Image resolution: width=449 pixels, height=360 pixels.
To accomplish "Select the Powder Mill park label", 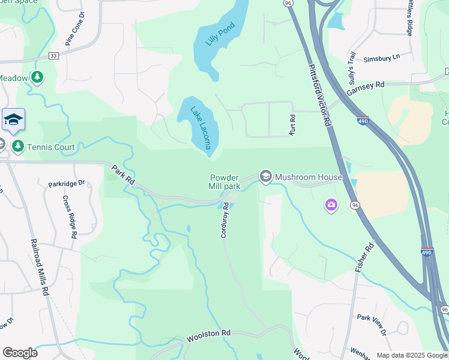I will click(225, 182).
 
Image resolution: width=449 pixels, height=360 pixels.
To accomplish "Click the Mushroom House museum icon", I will click(266, 176).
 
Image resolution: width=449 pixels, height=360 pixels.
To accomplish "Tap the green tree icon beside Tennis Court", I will click(18, 147).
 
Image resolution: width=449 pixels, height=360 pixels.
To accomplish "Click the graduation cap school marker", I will click(13, 120).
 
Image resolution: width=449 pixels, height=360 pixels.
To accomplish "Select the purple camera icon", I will click(331, 206).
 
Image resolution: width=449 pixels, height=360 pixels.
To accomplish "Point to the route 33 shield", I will click(54, 56).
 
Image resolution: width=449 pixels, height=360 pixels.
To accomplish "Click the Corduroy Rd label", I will click(224, 220).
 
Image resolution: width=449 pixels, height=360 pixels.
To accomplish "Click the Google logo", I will click(20, 353).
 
